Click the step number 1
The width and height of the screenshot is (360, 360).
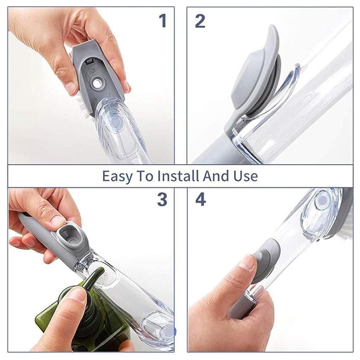pos(163,21)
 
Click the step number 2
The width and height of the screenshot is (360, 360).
pos(200,21)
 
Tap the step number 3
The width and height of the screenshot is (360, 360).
pos(162,199)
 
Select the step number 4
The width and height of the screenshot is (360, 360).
pos(200,199)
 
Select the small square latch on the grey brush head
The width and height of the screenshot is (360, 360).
pos(89,61)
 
